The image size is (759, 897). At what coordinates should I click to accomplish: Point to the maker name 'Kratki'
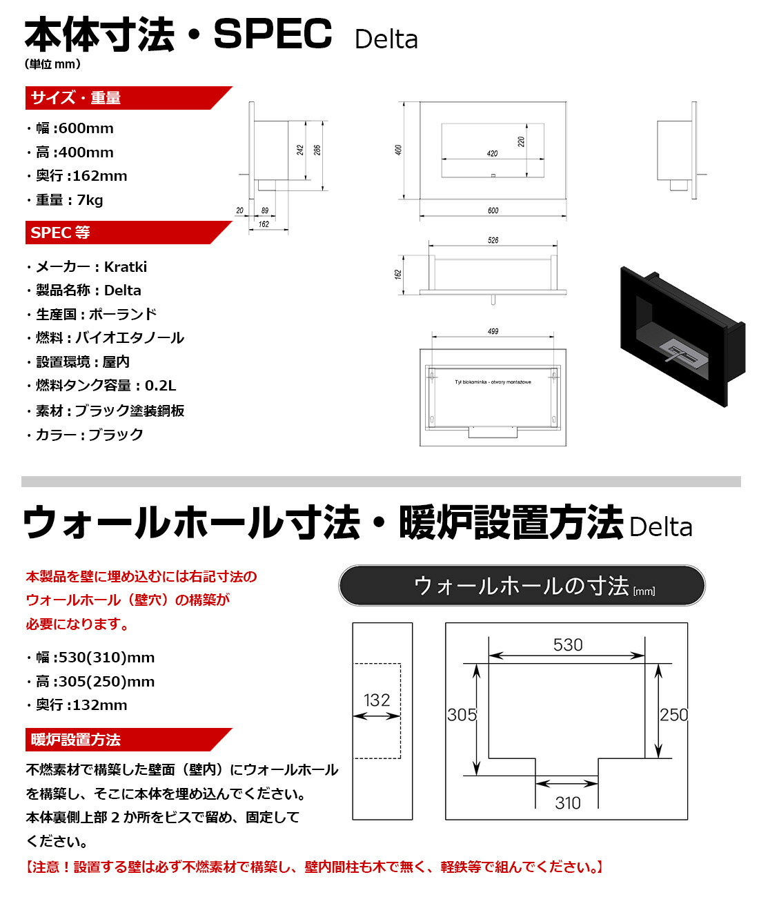125,267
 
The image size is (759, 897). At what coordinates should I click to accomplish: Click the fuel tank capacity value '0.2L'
160,386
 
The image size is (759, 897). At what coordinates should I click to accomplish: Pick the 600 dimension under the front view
493,210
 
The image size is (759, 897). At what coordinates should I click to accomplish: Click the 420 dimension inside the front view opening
492,153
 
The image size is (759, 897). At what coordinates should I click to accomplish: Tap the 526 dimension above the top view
493,240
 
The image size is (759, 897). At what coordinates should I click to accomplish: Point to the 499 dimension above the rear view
493,331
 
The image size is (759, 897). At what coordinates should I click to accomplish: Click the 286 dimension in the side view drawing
317,150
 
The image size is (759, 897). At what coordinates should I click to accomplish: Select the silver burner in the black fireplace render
682,351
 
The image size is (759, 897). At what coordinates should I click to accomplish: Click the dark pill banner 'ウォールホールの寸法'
522,586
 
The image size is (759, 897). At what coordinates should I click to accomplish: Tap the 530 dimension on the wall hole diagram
568,645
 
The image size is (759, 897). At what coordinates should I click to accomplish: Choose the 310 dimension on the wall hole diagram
567,802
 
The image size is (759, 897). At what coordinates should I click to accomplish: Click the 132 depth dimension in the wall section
377,700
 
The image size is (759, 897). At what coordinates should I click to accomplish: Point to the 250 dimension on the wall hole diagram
673,715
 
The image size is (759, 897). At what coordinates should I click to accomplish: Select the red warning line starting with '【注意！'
315,867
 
